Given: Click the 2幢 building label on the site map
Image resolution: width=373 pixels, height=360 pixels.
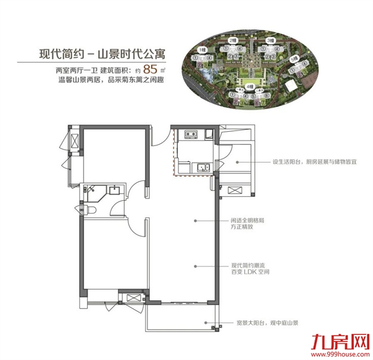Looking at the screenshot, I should pos(233,41).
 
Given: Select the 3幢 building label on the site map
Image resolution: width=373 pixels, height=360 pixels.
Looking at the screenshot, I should pos(270,41).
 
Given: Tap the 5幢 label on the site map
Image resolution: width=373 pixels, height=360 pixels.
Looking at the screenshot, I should pos(294,60).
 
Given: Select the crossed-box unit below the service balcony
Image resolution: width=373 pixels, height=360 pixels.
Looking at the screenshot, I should pos(235,191).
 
